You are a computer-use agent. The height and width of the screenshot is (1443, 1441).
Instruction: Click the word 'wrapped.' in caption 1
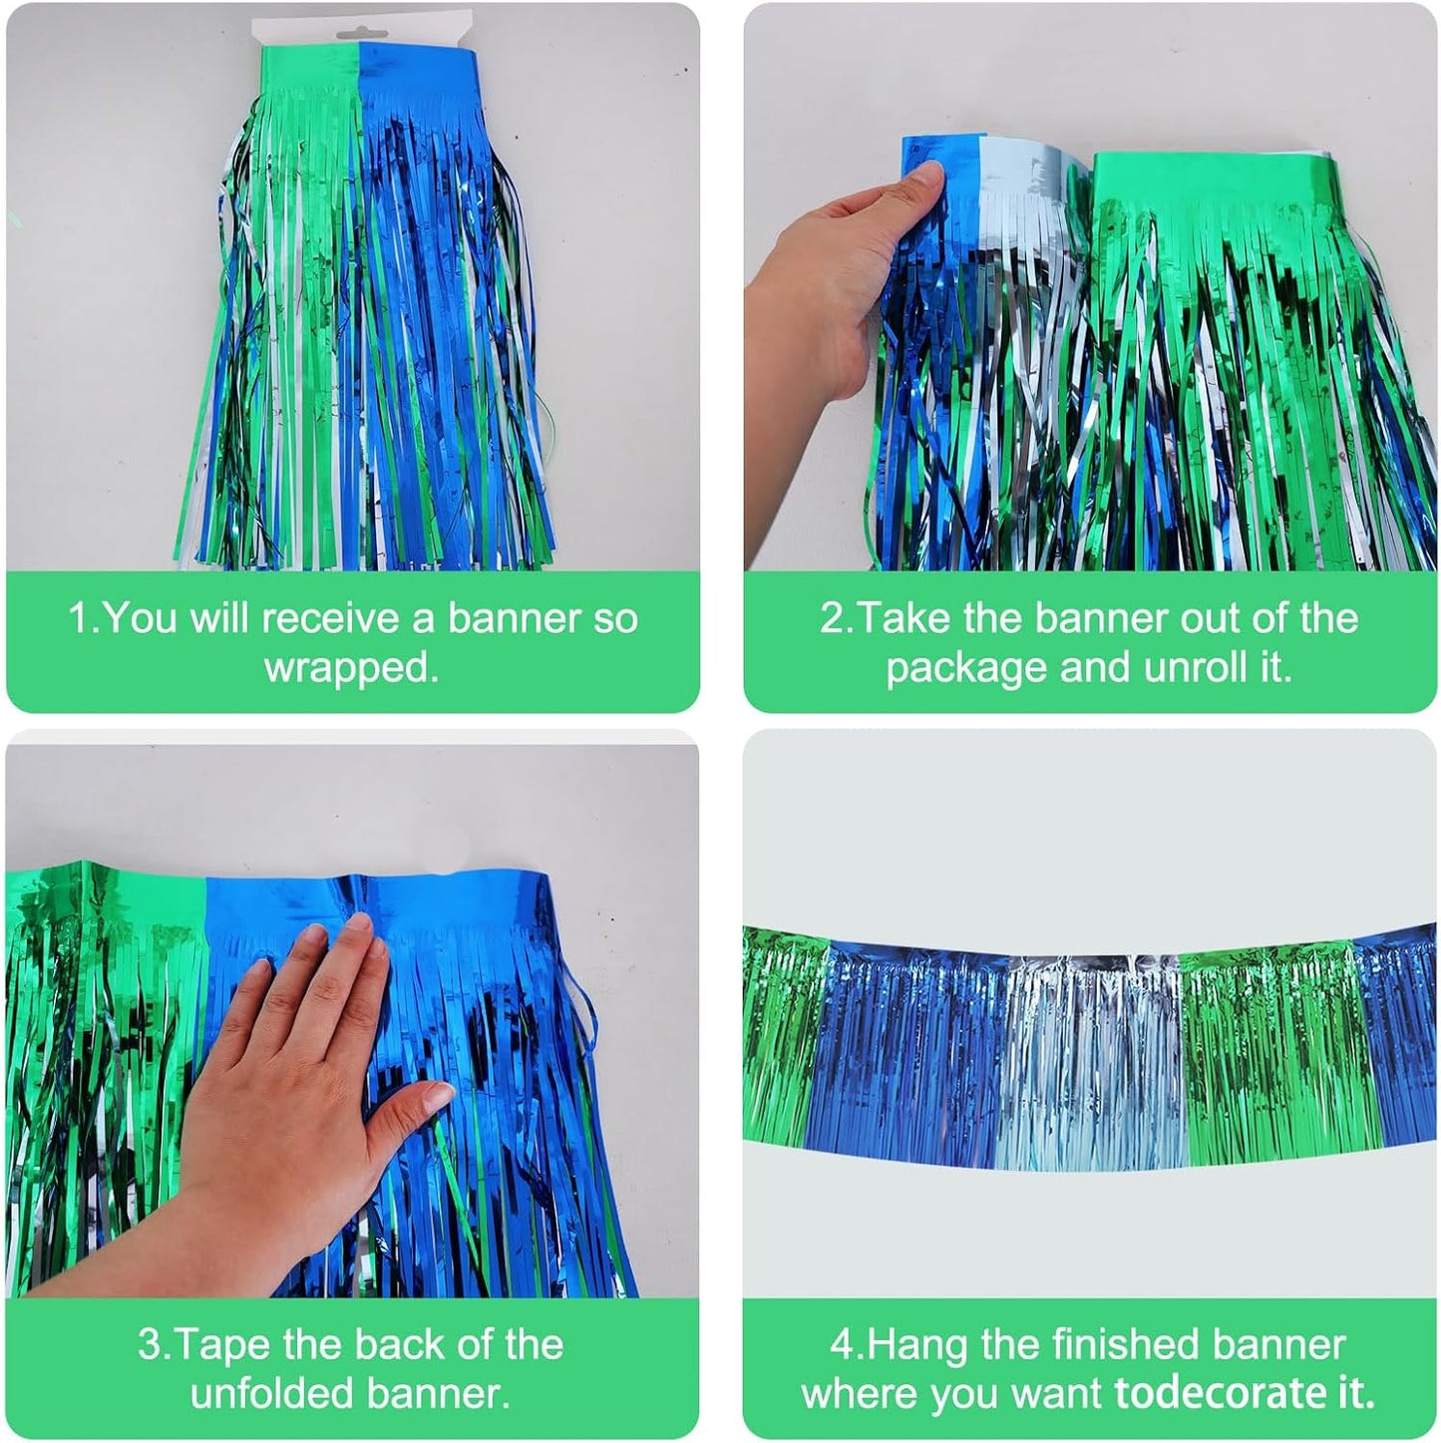point(351,667)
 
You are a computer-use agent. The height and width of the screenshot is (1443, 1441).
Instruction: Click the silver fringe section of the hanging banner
point(1092,1057)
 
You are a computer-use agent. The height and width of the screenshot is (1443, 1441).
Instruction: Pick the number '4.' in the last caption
point(846,1344)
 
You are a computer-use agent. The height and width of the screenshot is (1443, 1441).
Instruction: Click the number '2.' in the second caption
point(836,618)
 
